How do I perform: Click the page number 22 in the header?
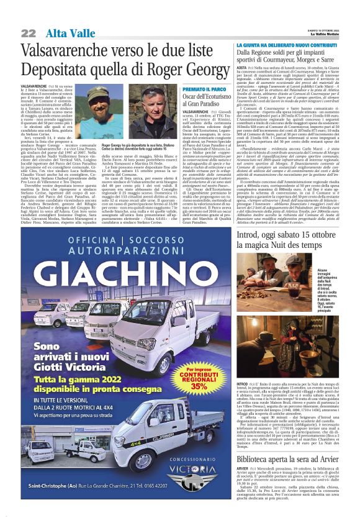pyautogui.click(x=29, y=33)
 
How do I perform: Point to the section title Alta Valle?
pyautogui.click(x=65, y=33)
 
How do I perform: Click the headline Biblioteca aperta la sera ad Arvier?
pyautogui.click(x=287, y=459)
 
